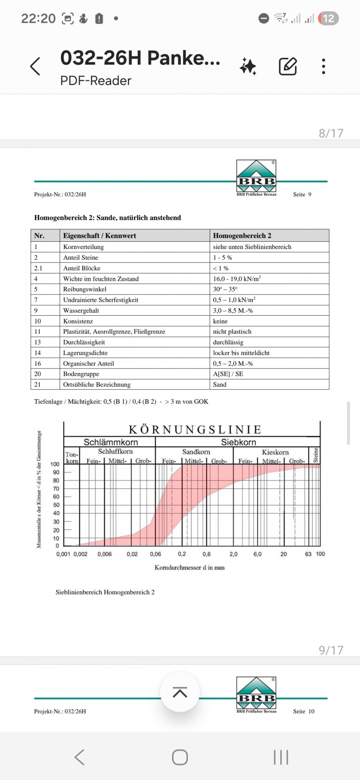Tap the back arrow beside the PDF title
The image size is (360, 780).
35,66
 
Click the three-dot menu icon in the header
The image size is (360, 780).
323,66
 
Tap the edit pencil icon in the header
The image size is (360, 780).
288,66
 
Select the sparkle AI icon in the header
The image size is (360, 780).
248,66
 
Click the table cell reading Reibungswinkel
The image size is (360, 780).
85,289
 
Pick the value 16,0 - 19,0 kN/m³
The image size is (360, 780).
237,279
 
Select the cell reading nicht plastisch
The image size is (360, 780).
232,331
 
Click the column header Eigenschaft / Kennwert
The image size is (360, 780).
100,236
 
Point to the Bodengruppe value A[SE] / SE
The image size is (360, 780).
228,374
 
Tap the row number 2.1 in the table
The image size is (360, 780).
38,268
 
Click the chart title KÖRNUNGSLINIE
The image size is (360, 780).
195,429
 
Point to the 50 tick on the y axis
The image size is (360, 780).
56,505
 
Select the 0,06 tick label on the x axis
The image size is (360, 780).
156,554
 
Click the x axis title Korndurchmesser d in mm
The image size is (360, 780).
189,568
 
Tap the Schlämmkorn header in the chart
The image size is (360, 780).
111,442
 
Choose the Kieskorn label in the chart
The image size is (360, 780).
275,452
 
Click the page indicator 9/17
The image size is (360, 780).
331,650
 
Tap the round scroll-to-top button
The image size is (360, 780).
180,692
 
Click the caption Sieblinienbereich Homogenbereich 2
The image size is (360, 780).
105,592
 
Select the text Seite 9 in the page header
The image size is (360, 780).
302,195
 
